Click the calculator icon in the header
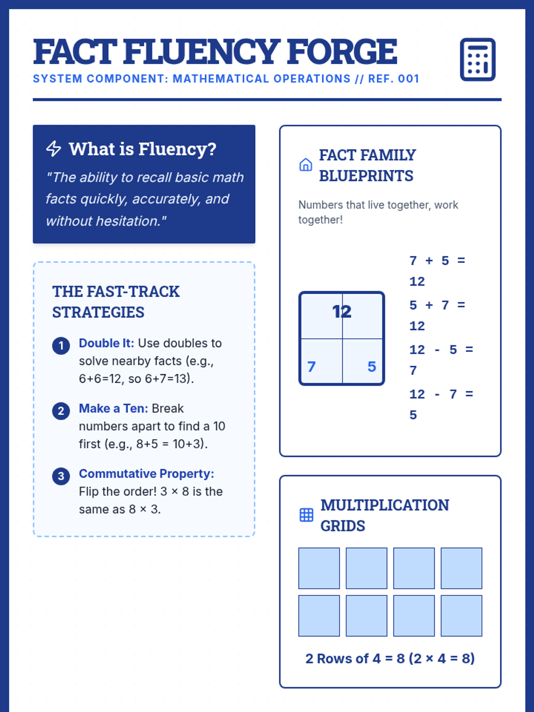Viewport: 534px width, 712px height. pyautogui.click(x=477, y=60)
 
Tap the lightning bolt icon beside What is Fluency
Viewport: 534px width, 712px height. pyautogui.click(x=54, y=149)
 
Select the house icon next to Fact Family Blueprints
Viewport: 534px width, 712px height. pyautogui.click(x=306, y=165)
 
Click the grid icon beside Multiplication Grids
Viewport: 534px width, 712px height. pyautogui.click(x=306, y=515)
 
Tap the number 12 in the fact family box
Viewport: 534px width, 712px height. pyautogui.click(x=342, y=311)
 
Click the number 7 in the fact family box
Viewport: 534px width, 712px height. pyautogui.click(x=311, y=367)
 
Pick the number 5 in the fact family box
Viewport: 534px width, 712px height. pyautogui.click(x=372, y=367)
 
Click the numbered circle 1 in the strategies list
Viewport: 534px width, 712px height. pyautogui.click(x=61, y=346)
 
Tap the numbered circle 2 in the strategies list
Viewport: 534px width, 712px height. pyautogui.click(x=61, y=411)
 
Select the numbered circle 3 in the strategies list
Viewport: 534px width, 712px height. pyautogui.click(x=61, y=476)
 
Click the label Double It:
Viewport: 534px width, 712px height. pyautogui.click(x=106, y=343)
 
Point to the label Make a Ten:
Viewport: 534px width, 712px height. pyautogui.click(x=113, y=408)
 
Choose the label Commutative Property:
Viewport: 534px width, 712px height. pyautogui.click(x=146, y=473)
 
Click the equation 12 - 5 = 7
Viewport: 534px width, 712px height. pyautogui.click(x=441, y=360)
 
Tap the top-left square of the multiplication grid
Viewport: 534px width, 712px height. pyautogui.click(x=319, y=568)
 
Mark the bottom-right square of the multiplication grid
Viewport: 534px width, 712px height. pyautogui.click(x=461, y=616)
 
